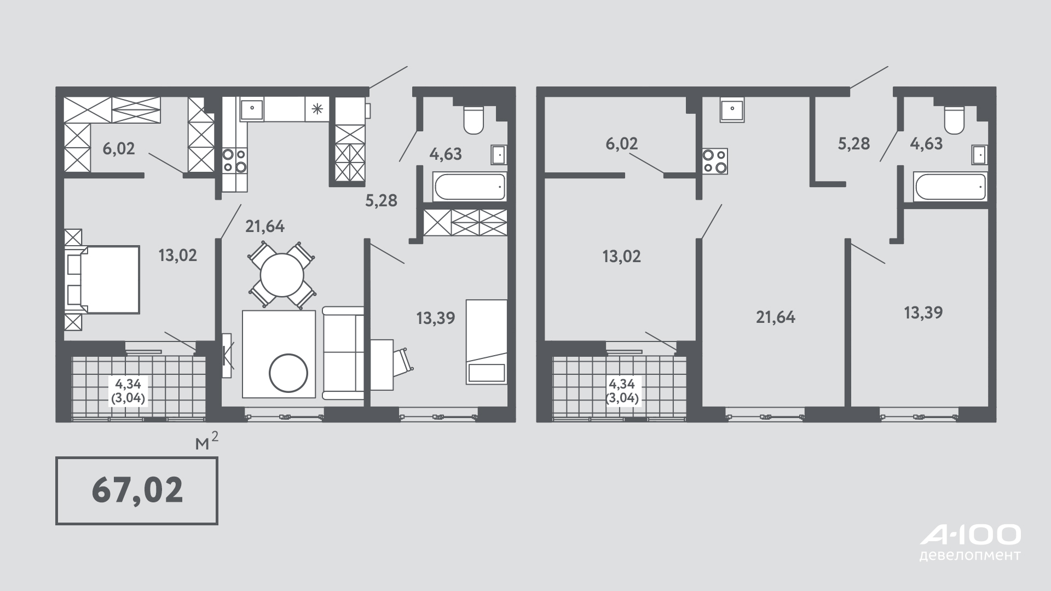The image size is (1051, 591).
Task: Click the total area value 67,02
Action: (137, 490)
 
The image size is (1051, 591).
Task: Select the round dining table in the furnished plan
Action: (282, 275)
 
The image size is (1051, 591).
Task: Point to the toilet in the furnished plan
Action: (473, 119)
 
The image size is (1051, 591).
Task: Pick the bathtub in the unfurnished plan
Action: (950, 187)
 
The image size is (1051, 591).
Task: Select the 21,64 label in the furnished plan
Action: (265, 226)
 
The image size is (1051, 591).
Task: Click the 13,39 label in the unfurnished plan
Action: (923, 313)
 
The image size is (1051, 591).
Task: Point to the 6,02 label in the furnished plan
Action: (119, 148)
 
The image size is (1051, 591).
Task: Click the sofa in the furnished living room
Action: (343, 353)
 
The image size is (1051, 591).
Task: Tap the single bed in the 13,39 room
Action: (487, 341)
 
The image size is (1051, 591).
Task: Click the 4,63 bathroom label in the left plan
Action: (446, 154)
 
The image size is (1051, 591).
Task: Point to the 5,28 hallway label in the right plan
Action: (854, 143)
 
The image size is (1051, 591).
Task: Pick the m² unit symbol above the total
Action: (207, 442)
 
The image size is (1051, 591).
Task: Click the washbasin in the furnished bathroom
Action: (499, 155)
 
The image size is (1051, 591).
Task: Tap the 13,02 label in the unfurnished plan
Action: (621, 256)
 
